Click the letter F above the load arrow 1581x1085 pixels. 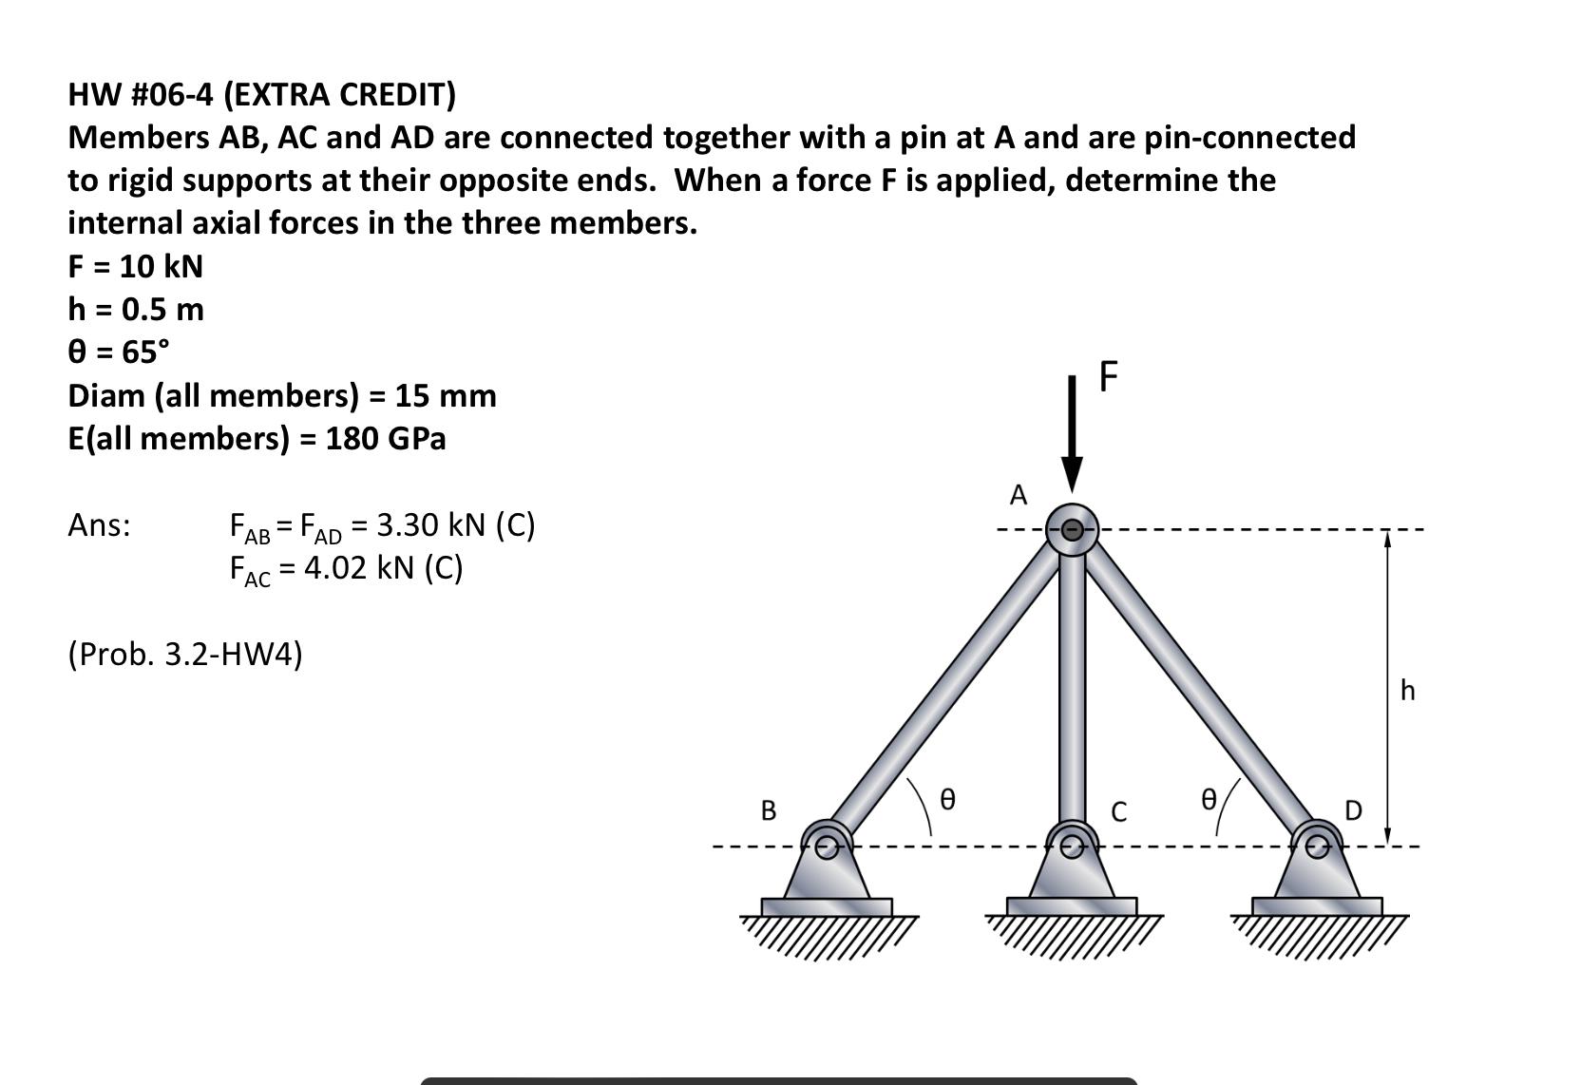tap(1109, 376)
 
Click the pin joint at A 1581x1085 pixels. tap(1072, 529)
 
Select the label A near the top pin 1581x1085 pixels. tap(1019, 495)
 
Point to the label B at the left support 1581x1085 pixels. tap(769, 810)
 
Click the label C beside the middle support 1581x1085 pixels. tap(1118, 812)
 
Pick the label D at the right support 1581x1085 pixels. tap(1354, 810)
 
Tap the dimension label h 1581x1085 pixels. tap(1407, 691)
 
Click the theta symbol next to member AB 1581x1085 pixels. tap(947, 799)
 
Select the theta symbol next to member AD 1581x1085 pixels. tap(1208, 799)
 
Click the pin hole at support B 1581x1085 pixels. tap(827, 847)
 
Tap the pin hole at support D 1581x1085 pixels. tap(1317, 847)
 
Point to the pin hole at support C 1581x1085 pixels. tap(1072, 847)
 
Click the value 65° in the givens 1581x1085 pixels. tap(145, 352)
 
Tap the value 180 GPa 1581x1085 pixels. tap(385, 439)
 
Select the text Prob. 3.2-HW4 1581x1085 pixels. tap(185, 655)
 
